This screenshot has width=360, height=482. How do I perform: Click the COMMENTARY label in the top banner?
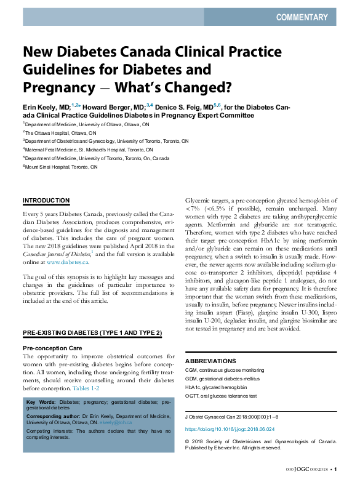302,17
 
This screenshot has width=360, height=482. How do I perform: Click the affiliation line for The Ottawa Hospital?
60,132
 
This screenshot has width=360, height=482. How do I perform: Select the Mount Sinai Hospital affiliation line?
62,167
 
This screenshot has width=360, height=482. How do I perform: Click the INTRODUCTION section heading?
46,201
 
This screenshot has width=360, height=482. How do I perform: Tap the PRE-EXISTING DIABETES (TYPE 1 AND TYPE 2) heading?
92,333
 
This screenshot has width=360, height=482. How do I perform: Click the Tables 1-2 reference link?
86,388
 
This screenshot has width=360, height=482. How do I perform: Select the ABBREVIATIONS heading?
210,360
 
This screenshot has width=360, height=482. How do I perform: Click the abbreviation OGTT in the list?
194,396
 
